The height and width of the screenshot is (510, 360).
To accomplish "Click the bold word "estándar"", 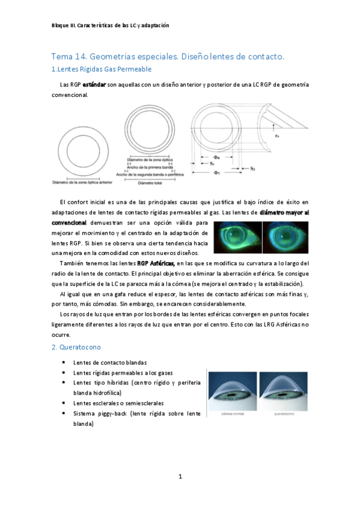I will [x=94, y=85].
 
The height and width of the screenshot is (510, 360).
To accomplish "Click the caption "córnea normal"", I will [x=231, y=414].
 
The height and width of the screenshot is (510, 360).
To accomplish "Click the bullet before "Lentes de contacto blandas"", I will [x=64, y=362].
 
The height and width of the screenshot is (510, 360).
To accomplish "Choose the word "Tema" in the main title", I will [x=62, y=56].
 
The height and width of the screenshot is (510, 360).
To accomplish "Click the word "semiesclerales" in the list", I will [x=142, y=403].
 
